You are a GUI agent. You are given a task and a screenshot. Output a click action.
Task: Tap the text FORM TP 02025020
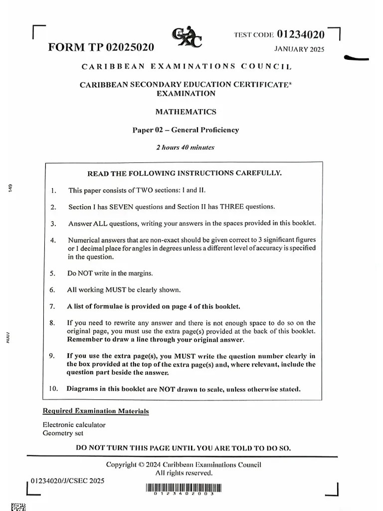(x=101, y=47)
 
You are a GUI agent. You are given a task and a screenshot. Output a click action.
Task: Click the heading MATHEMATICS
(x=186, y=112)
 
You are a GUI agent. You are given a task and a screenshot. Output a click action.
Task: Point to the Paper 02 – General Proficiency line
(x=186, y=130)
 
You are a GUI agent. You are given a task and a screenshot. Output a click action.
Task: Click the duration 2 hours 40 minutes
(x=185, y=147)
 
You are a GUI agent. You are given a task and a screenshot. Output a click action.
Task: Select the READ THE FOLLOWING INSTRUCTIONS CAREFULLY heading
(x=185, y=174)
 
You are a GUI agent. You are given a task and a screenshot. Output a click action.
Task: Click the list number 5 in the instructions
(x=52, y=273)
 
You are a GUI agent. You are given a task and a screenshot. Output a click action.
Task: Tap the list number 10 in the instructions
(x=54, y=389)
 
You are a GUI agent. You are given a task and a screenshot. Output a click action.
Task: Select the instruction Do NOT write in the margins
(x=110, y=273)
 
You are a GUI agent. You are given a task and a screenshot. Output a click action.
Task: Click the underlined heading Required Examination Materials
(x=96, y=411)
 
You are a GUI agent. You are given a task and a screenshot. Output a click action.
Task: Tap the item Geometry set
(x=63, y=433)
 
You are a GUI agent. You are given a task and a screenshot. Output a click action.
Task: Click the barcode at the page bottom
(x=184, y=489)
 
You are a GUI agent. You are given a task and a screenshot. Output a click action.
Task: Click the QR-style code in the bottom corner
(x=18, y=507)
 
